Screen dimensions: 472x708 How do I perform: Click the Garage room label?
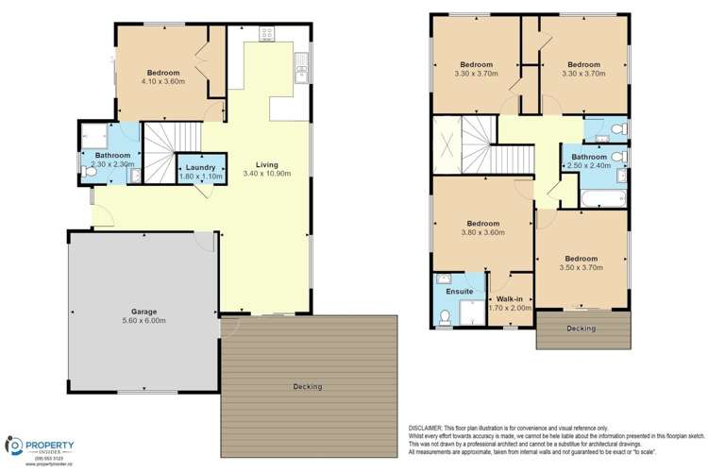coord(143,311)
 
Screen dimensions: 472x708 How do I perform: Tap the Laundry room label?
coord(199,166)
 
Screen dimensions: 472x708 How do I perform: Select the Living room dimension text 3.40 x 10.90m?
coord(266,174)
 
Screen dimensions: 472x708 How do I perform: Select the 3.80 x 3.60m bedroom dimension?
coord(480,232)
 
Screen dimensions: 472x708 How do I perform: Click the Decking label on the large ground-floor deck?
coord(308,386)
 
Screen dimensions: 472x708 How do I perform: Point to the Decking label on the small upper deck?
coord(582,328)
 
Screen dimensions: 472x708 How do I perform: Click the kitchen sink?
coord(300,68)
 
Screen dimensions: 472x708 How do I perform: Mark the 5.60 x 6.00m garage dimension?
coord(143,320)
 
